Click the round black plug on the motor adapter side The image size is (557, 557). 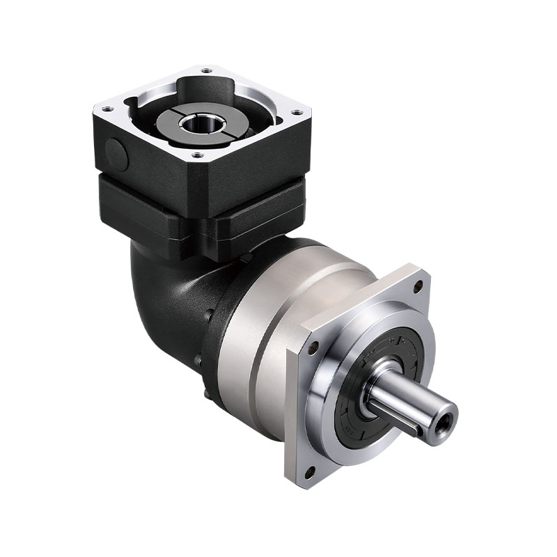pos(116,155)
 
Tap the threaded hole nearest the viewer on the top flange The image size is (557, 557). pos(197,155)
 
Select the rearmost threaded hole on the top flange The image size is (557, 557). pos(206,70)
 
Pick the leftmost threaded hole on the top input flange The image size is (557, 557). pos(106,109)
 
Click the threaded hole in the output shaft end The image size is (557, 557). pos(443,421)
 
